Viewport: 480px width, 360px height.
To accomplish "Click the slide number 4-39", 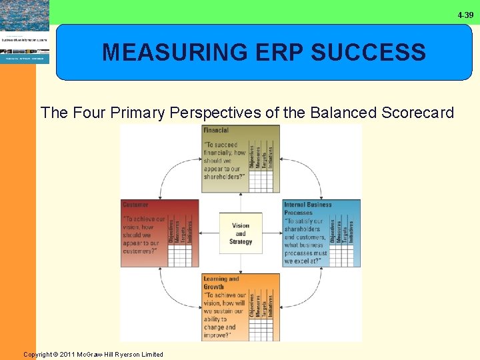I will tap(465, 15).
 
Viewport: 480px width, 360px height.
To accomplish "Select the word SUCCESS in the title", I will tap(372, 52).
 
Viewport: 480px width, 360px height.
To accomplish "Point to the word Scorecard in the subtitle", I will tap(418, 112).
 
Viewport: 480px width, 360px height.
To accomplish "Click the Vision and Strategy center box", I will tap(241, 233).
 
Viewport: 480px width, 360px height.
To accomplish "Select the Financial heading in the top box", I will tap(216, 130).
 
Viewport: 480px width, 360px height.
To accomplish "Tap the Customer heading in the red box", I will tap(135, 205).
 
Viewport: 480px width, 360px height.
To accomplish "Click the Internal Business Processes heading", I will tap(307, 208).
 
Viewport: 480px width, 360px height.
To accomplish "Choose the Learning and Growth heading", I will tap(221, 283).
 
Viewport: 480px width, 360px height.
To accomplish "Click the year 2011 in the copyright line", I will tap(69, 355).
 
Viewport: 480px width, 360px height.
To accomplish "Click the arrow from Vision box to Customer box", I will tap(210, 233).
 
